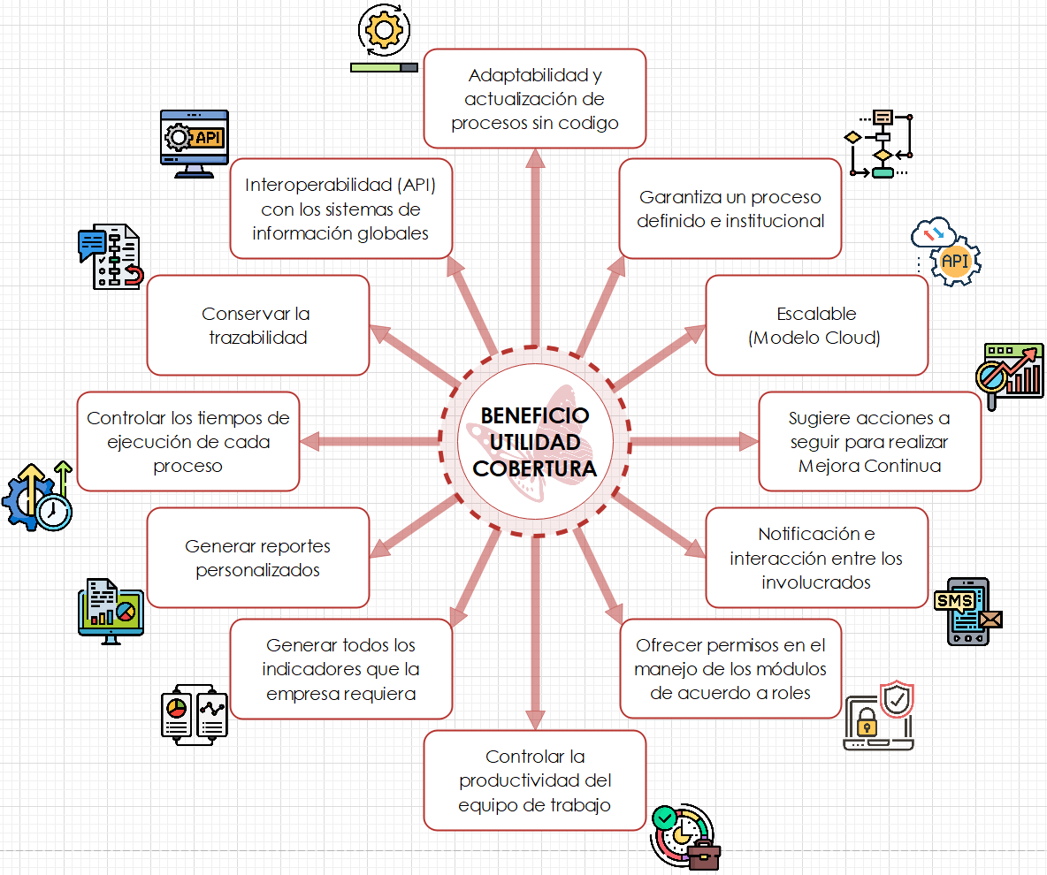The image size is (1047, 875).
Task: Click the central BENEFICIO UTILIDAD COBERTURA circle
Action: coord(534,441)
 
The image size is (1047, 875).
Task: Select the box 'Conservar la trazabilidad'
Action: coord(257,325)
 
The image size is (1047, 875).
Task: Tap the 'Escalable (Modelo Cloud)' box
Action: coord(815,325)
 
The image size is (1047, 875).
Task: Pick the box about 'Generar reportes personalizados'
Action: coord(257,558)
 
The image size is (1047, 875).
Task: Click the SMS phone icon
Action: coord(967,612)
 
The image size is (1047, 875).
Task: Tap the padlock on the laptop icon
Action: coord(866,725)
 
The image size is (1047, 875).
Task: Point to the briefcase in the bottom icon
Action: coord(704,855)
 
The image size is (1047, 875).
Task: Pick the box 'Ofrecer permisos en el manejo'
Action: coord(730,669)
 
